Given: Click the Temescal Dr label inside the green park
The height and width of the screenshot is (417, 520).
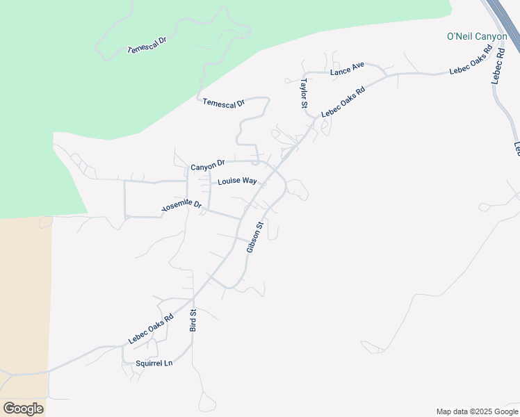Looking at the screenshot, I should coord(147,45).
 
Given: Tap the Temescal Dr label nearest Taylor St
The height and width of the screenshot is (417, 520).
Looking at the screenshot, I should coord(223,103).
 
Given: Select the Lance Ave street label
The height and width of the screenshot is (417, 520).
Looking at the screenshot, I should coord(348,69).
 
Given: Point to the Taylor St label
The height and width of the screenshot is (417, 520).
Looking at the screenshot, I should coord(304,93).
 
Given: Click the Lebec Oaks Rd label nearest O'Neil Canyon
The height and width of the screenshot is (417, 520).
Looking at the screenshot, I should coord(471,60).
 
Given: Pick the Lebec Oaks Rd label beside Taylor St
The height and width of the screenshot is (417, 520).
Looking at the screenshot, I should coord(343,102).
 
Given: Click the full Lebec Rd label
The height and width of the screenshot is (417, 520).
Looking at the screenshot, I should coord(497,64).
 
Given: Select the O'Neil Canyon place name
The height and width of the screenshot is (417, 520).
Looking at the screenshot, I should coord(476,36).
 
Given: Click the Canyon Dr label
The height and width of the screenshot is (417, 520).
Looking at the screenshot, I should coord(208,165).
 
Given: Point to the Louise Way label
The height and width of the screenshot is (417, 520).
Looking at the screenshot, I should coord(237,181).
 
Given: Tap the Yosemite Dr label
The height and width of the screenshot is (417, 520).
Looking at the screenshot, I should coord(181,206).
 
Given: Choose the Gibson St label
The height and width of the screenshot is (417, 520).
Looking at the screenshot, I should coord(255,237).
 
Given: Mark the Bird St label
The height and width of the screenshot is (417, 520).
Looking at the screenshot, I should coord(194,320).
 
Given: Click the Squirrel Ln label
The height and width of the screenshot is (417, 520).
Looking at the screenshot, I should coord(154,363).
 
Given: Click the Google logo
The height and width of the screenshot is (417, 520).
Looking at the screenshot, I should coord(23,408).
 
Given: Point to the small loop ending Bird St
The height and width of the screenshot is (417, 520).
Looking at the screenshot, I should coord(206,402).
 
